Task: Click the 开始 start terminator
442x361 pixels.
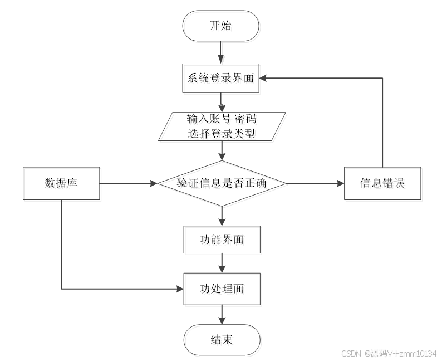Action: (x=222, y=27)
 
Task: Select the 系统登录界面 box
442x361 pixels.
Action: (x=222, y=79)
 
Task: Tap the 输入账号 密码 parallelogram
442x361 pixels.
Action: (x=223, y=127)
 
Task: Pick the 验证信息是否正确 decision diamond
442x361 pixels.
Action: (x=223, y=184)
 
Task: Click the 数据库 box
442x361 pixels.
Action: (x=62, y=184)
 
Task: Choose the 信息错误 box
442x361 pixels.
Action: (x=383, y=184)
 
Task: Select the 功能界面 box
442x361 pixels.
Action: (x=223, y=241)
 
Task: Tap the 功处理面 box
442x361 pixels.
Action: (x=223, y=290)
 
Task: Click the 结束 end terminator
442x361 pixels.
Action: (x=223, y=341)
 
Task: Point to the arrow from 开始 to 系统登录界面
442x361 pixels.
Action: (x=222, y=53)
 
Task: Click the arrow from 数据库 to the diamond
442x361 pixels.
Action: (x=130, y=184)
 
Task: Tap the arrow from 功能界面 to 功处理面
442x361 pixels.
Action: (x=223, y=264)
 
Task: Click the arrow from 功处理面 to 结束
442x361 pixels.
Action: (x=223, y=315)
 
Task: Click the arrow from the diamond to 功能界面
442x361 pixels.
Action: (x=223, y=217)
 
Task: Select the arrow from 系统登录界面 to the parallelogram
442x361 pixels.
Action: (x=222, y=103)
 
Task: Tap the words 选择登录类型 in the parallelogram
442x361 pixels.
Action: (x=223, y=134)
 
